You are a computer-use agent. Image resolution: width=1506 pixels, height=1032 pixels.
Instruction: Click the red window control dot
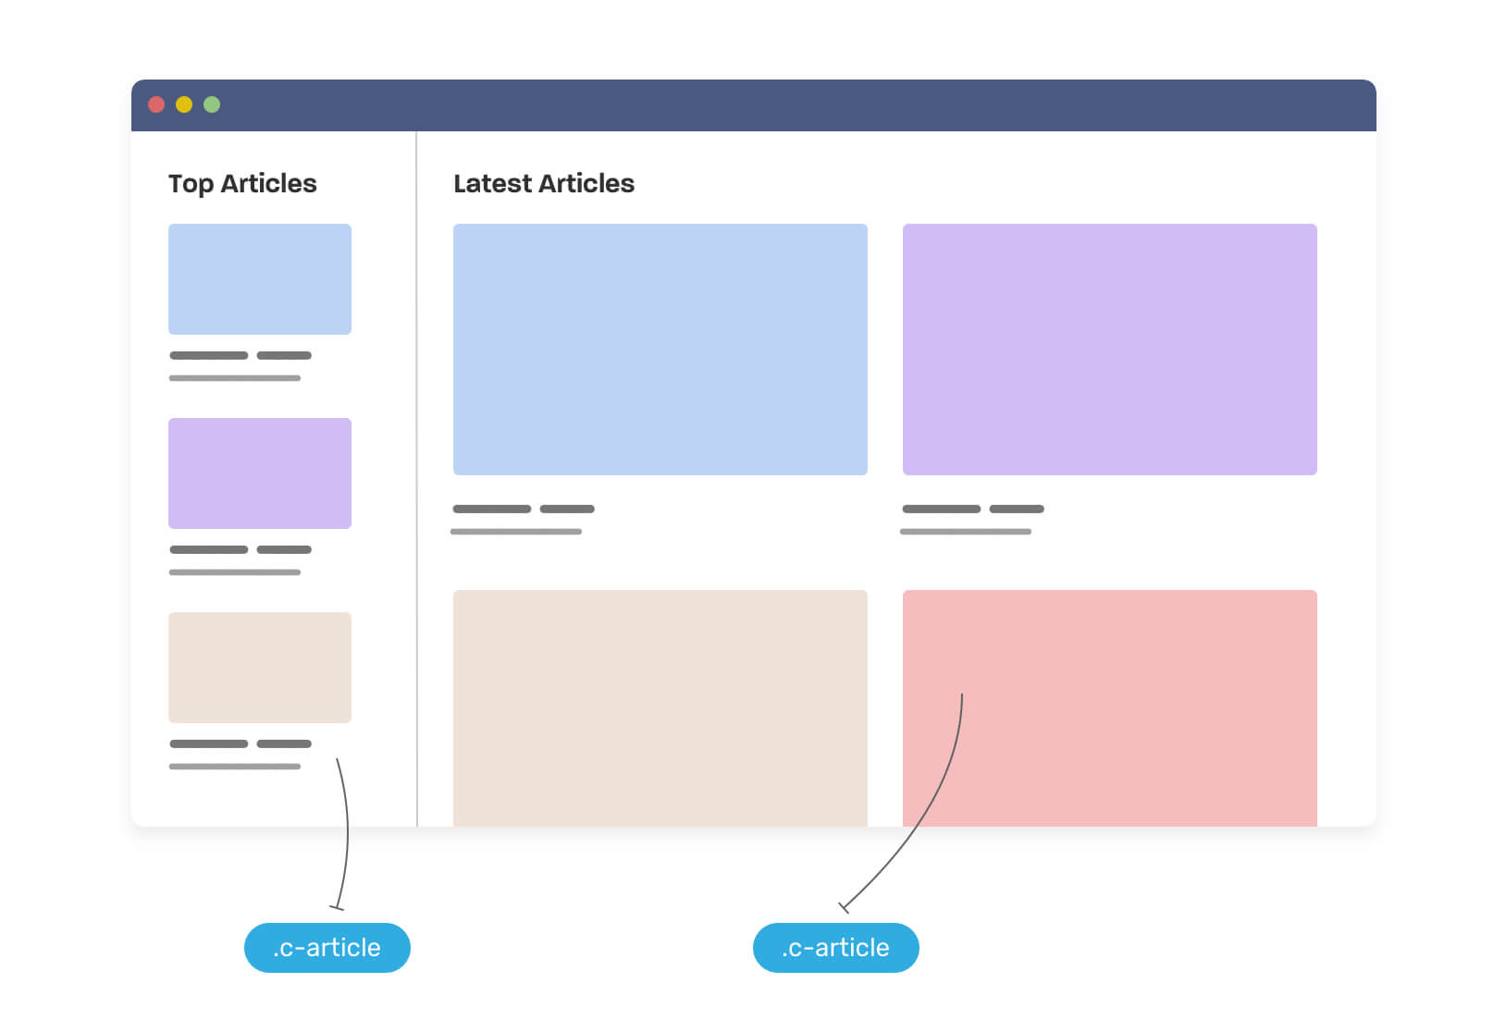tap(156, 104)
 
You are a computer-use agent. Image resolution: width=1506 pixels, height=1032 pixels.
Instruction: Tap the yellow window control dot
tap(183, 104)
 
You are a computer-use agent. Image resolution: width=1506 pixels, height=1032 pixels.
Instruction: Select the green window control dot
tap(212, 104)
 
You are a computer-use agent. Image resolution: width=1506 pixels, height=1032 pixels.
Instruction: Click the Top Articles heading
tap(242, 183)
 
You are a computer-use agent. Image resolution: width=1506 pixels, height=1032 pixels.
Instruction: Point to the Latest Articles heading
tap(544, 183)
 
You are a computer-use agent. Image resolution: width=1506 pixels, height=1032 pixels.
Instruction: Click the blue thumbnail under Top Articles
tap(260, 279)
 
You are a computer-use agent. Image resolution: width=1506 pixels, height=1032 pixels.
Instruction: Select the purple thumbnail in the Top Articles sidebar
tap(260, 473)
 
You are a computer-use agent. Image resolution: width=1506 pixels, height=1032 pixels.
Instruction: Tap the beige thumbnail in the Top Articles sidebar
tap(260, 667)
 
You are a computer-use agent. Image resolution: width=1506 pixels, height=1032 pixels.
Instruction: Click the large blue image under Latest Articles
tap(660, 350)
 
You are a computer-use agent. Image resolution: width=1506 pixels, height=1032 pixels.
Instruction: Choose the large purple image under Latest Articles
tap(1109, 350)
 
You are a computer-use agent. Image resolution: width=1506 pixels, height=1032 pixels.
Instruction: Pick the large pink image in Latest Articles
tap(1109, 708)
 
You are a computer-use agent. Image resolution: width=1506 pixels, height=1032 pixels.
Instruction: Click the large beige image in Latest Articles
tap(660, 708)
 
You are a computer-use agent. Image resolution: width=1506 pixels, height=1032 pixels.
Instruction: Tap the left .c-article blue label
tap(327, 947)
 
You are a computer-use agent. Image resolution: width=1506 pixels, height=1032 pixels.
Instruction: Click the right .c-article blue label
tap(835, 947)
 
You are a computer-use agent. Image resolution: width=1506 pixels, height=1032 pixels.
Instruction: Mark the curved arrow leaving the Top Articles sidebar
tap(347, 833)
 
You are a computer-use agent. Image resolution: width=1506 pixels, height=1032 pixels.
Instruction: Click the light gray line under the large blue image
tap(515, 532)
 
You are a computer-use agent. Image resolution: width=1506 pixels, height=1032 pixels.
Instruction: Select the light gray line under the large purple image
tap(966, 532)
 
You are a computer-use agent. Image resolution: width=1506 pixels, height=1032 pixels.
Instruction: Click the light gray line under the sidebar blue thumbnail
tap(235, 378)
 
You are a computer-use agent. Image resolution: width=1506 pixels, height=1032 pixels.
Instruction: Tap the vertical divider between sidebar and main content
tap(417, 479)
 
